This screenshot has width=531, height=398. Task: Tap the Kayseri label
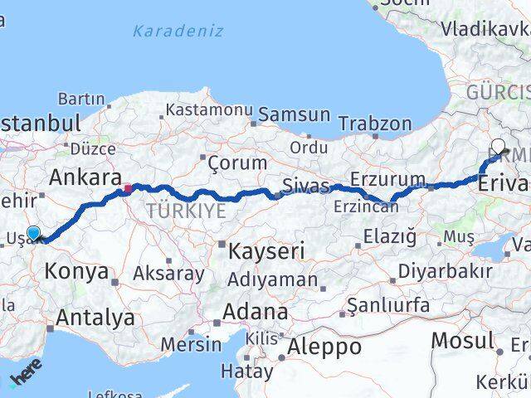[x=268, y=250]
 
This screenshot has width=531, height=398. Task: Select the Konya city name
[x=76, y=271]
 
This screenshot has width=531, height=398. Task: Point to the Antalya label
[x=95, y=317]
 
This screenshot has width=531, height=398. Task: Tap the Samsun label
[x=295, y=115]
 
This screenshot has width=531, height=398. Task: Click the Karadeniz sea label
[x=178, y=32]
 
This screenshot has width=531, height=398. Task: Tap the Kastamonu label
[x=208, y=109]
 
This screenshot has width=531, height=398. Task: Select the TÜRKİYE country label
[x=186, y=211]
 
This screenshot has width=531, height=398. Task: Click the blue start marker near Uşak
[x=33, y=234]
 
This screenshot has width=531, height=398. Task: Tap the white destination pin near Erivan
[x=497, y=148]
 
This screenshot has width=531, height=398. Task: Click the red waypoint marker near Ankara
[x=127, y=190]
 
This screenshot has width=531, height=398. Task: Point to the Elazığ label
[x=390, y=238]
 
